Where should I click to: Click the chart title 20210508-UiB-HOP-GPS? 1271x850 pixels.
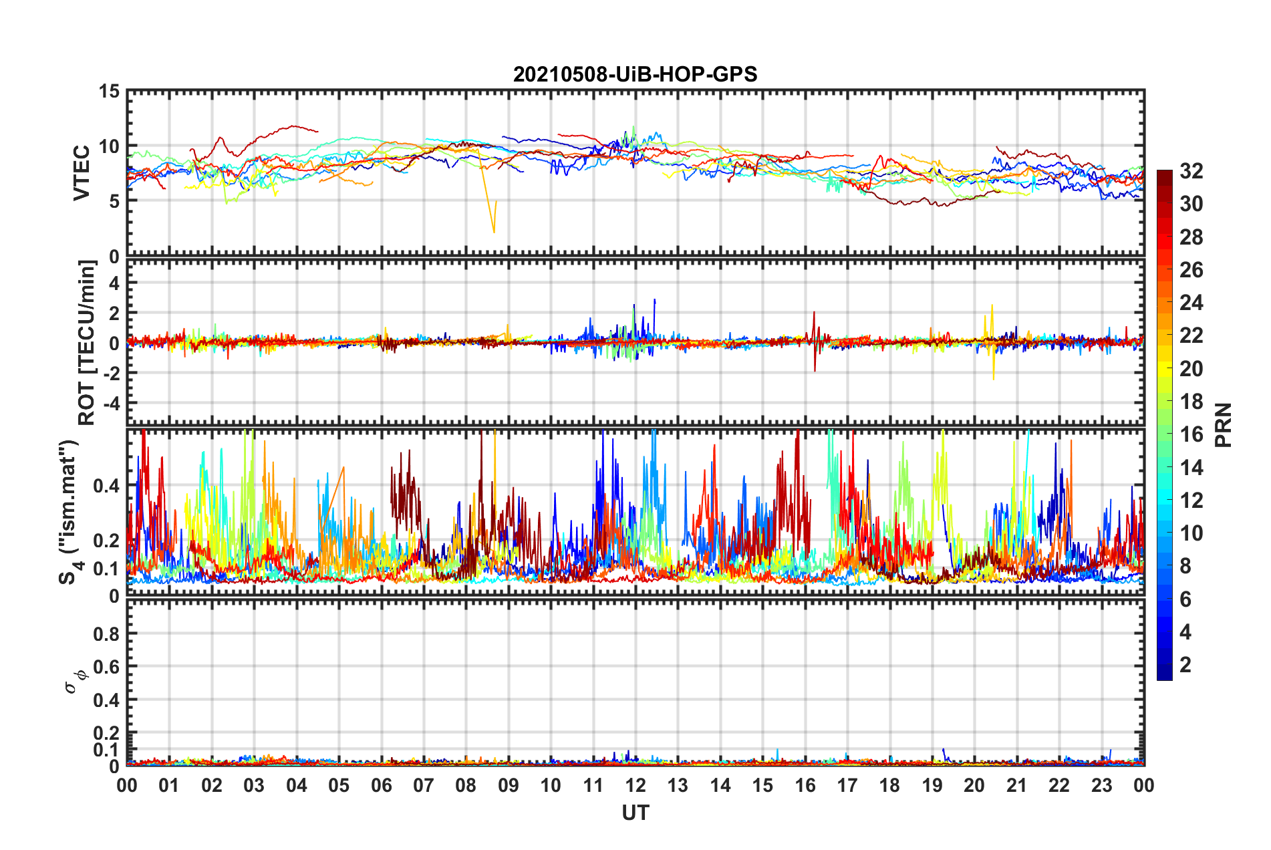click(x=635, y=74)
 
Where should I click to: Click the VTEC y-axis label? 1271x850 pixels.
click(x=82, y=172)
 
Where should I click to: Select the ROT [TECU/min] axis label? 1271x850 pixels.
click(x=87, y=342)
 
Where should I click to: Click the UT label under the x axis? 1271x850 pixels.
click(x=635, y=813)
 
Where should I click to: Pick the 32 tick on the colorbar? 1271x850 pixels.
click(x=1191, y=171)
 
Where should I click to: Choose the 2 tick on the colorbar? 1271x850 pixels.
click(x=1185, y=664)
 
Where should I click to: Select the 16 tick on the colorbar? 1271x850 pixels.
click(x=1191, y=434)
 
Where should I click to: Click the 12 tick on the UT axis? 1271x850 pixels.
click(x=635, y=785)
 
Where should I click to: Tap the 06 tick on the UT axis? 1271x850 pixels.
click(x=382, y=785)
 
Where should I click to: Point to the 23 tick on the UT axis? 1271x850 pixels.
click(x=1101, y=785)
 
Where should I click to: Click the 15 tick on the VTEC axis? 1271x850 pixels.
click(x=109, y=91)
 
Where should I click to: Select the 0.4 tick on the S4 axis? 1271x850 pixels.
click(x=106, y=486)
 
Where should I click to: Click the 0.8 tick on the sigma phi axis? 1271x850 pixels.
click(x=106, y=633)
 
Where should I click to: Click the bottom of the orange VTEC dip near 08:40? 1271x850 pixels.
click(x=494, y=232)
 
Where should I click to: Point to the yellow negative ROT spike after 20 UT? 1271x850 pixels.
click(x=993, y=378)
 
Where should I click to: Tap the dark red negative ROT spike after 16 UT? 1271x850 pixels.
click(x=815, y=370)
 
